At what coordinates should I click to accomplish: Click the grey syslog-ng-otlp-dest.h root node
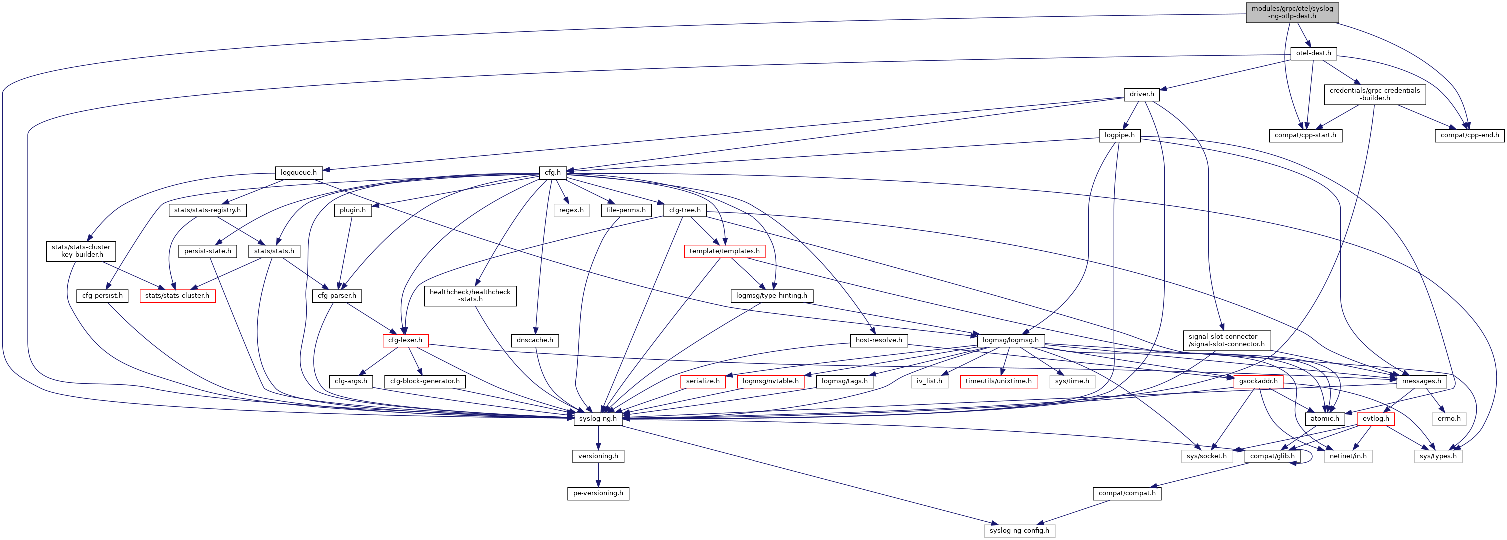1292,13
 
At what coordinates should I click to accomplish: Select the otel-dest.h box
1313,53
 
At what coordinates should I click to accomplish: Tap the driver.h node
1141,94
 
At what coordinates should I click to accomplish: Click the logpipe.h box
1119,135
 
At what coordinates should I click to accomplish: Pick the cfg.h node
552,172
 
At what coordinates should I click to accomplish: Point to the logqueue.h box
298,172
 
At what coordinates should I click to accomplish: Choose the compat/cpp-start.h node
1305,135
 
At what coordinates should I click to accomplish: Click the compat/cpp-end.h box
1469,135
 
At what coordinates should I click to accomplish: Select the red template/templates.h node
724,251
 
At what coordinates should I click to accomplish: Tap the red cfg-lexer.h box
405,340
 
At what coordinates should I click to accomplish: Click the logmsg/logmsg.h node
1010,340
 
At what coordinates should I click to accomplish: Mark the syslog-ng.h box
597,418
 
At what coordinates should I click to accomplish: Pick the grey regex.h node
571,210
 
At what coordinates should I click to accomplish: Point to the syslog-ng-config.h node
1020,530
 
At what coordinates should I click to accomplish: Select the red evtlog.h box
1376,418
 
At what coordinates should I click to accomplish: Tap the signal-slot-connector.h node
1226,340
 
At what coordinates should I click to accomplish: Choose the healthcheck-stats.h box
470,295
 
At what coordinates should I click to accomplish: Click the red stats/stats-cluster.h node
177,295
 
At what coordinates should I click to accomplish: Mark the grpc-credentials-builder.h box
1374,94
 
